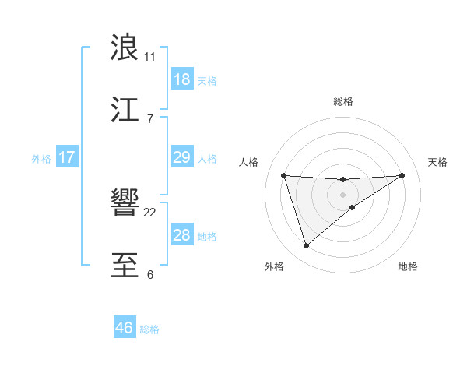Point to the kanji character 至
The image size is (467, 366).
[125, 266]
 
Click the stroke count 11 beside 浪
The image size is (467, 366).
[149, 56]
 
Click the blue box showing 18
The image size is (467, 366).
[181, 79]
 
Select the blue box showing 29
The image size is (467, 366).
[181, 157]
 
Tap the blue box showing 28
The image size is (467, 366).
[181, 235]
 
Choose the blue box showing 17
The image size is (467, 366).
[67, 157]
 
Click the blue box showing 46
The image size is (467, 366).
[124, 328]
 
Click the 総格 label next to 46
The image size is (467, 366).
[149, 329]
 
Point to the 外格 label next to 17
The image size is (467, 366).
[41, 158]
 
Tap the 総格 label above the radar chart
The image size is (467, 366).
[343, 101]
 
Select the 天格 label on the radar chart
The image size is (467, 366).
[438, 162]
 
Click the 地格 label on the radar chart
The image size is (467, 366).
[408, 266]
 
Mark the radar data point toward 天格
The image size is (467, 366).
[402, 175]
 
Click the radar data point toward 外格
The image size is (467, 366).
[306, 246]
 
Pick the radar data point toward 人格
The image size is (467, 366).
[284, 175]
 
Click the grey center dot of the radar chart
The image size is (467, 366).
[343, 194]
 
